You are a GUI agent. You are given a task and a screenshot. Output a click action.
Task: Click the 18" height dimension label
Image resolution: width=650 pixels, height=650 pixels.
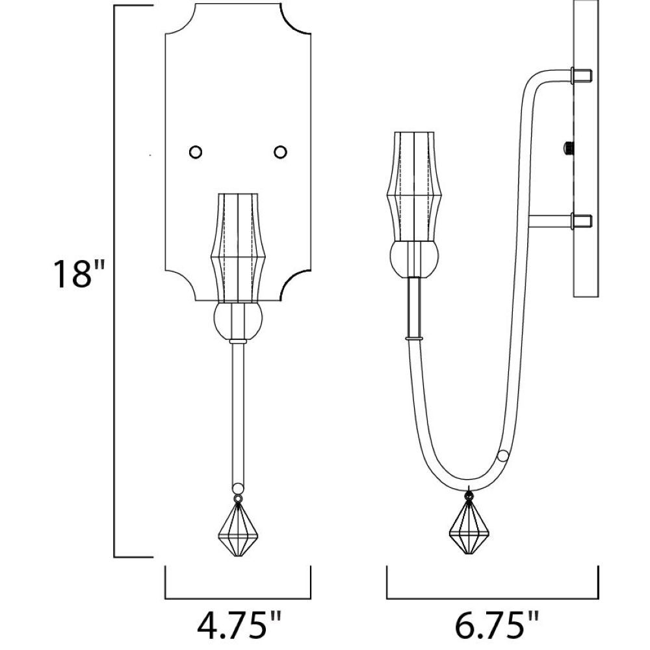coord(77,274)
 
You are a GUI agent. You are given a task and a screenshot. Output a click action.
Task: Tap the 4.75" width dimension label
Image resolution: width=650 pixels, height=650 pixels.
coord(239,625)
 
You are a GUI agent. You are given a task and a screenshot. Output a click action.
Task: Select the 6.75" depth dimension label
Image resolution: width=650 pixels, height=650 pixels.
coord(497,625)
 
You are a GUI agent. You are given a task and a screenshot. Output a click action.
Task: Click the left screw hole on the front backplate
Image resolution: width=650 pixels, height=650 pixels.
coord(195,152)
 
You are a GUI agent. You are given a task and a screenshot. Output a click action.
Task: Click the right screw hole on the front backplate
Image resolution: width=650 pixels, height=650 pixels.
coord(281,152)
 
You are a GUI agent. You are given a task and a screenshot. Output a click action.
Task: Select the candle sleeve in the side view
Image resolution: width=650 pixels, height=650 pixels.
coord(414,187)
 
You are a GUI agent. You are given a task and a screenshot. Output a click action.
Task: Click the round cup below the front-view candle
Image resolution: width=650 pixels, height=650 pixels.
coord(238,320)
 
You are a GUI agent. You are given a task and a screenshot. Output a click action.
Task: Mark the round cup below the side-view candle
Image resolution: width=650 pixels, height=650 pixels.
coord(414,259)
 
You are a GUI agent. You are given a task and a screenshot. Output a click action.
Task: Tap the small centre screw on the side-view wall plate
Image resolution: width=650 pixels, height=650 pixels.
coord(568,147)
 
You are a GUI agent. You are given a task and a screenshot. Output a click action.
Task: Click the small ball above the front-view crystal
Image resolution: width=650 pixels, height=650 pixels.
coord(238,488)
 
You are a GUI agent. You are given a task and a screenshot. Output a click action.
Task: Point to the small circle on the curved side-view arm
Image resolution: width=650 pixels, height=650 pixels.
coord(503,456)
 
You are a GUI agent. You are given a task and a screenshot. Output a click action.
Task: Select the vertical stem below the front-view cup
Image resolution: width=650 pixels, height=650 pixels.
coord(238,413)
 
